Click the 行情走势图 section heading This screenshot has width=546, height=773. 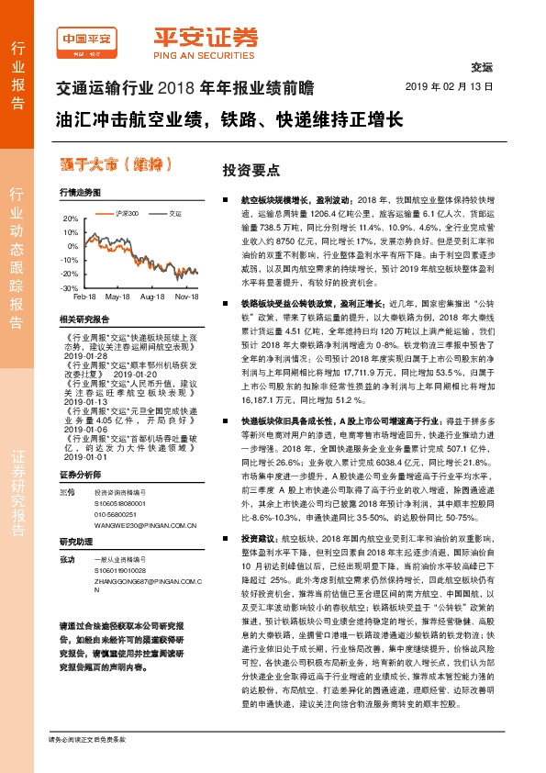tap(77, 194)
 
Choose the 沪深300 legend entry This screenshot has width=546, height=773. tap(100, 212)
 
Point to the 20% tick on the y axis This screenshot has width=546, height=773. tap(70, 219)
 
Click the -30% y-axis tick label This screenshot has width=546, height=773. tap(69, 287)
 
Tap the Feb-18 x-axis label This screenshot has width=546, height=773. tap(84, 297)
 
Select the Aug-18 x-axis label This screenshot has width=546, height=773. tap(151, 297)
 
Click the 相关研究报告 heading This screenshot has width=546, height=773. tap(84, 319)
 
